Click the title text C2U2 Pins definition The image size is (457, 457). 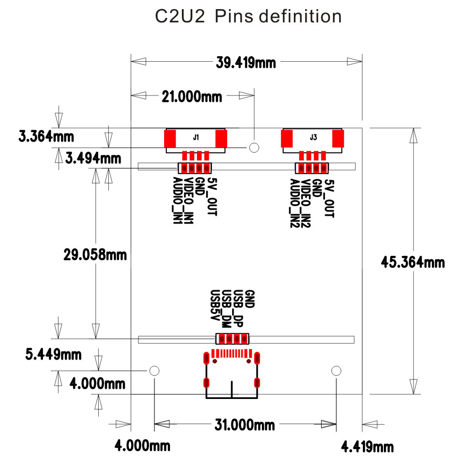pos(248,17)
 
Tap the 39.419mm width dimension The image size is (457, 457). pos(246,62)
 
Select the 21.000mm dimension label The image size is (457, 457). pos(191,96)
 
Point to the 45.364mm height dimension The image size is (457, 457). pos(413,262)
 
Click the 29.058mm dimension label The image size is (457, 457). pos(95,255)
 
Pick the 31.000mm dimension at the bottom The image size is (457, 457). pos(245,425)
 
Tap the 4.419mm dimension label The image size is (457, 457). pos(367,446)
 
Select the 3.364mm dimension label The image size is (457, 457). pos(46,136)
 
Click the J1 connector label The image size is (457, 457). pos(196,137)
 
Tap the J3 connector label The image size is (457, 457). pos(313,137)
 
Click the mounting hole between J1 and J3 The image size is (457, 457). pos(254,147)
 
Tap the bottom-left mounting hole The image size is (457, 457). pos(154,370)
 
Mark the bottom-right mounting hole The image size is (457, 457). pos(336,370)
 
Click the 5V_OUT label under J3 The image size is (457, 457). pos(329,198)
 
